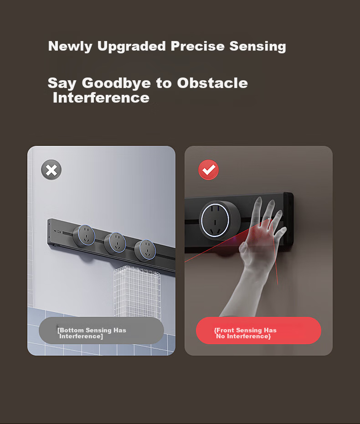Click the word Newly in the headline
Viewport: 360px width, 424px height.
pos(71,47)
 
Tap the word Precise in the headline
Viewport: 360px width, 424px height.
pos(198,46)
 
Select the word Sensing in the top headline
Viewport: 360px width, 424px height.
pos(257,47)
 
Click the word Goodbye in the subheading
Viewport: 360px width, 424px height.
pos(116,83)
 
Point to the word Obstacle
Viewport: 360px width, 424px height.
pos(212,83)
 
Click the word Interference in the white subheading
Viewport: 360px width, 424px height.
pos(101,98)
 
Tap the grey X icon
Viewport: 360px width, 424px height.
pos(51,170)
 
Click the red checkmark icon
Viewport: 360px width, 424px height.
pos(208,170)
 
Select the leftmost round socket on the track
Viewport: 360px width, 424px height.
pos(84,236)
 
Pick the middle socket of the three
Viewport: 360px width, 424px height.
pos(115,243)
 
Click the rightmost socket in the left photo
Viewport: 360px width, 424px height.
pos(145,250)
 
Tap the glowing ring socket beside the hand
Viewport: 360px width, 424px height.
pos(218,220)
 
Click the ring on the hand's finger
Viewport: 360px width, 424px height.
pos(269,220)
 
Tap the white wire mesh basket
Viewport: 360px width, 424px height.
pos(137,291)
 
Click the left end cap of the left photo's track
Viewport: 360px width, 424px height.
pos(49,232)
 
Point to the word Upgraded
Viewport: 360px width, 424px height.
pos(132,47)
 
